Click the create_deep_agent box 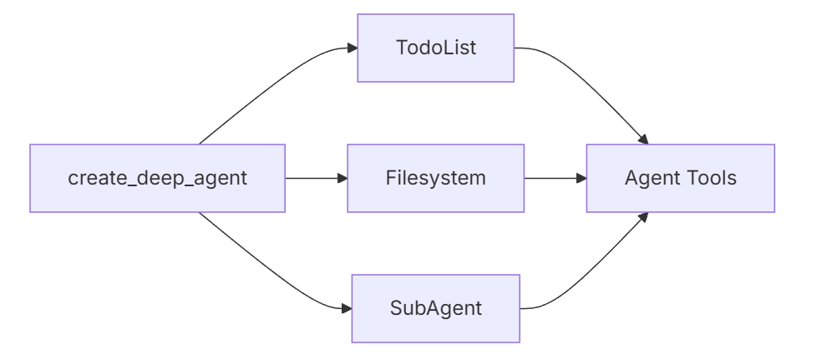(x=157, y=178)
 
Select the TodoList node (x=435, y=48)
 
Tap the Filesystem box (x=435, y=178)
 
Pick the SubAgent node (x=435, y=308)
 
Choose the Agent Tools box (x=680, y=178)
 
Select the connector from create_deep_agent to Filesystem (x=313, y=178)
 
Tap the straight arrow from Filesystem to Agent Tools (x=551, y=178)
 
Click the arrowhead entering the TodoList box (x=352, y=48)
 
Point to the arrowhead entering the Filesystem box (x=342, y=178)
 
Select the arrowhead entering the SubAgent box (x=346, y=308)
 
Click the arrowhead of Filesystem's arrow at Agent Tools (x=581, y=178)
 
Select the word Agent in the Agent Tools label (x=650, y=178)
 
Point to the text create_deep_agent (x=157, y=178)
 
